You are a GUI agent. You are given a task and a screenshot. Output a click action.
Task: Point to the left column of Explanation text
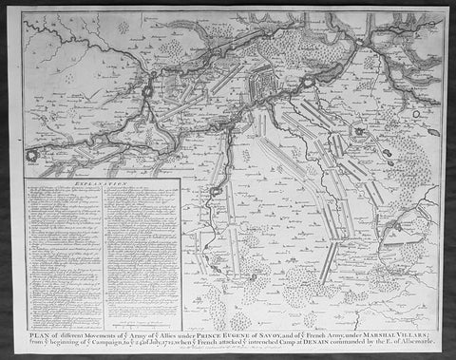(x=63, y=247)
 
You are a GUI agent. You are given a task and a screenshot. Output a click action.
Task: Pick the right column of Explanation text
(x=138, y=247)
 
